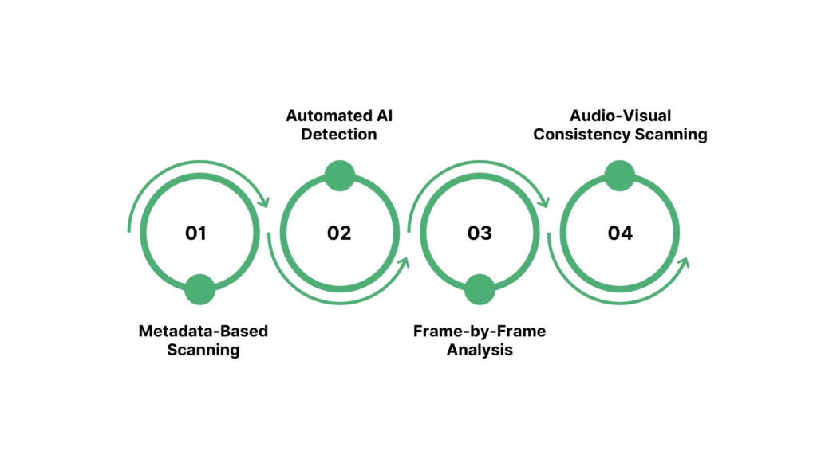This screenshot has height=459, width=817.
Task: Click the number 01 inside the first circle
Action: click(195, 233)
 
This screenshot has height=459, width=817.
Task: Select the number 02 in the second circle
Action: click(339, 233)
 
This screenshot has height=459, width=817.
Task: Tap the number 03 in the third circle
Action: click(480, 233)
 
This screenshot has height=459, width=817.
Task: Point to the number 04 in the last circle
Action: click(620, 233)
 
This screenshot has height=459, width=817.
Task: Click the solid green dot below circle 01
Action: click(199, 289)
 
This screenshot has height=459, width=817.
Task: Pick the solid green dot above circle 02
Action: click(339, 176)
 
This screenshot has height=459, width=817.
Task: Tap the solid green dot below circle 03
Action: click(480, 289)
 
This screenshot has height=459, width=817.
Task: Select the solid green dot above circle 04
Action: click(619, 176)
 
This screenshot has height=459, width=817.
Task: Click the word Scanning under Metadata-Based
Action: click(203, 350)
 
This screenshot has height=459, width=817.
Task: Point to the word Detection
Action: click(339, 135)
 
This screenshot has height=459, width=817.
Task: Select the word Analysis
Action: click(480, 350)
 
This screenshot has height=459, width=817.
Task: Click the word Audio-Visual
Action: click(620, 116)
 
